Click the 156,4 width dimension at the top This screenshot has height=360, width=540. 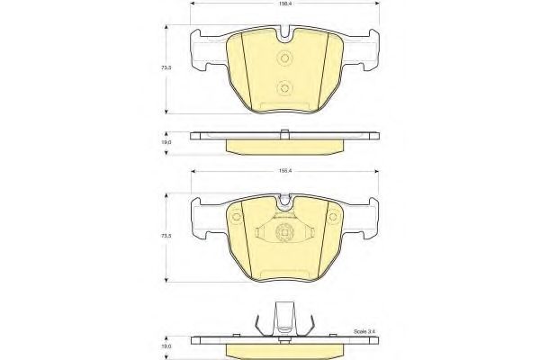click(x=284, y=4)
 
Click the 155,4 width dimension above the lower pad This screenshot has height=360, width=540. click(x=284, y=168)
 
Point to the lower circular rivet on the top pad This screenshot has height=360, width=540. click(x=284, y=88)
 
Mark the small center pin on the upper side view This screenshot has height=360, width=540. click(x=284, y=134)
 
